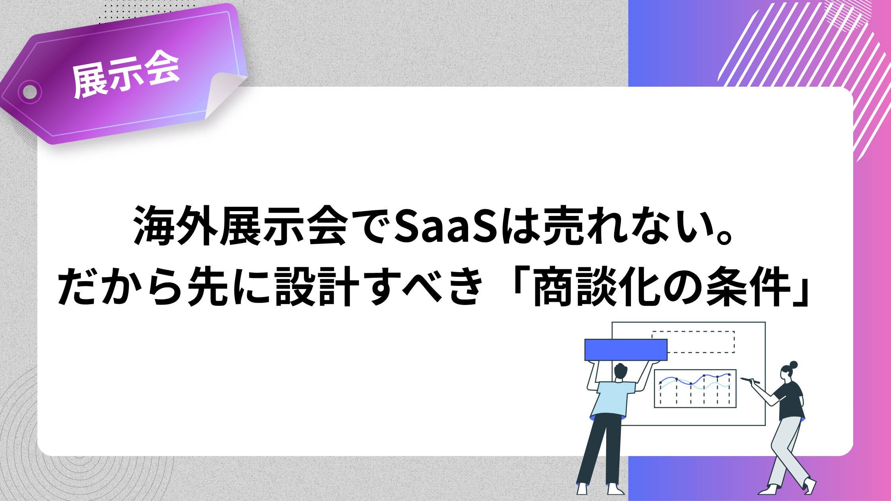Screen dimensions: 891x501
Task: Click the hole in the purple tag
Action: [30, 92]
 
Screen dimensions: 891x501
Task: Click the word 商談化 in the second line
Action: [597, 286]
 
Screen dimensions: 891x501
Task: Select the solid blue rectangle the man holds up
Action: [626, 350]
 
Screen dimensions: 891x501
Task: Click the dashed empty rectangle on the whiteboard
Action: [693, 342]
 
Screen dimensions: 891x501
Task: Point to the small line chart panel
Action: [695, 388]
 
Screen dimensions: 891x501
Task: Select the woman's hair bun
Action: [793, 365]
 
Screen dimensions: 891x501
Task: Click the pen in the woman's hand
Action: [750, 381]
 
